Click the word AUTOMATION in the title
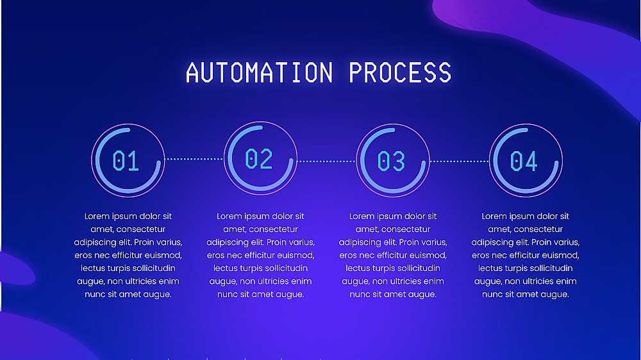click(x=259, y=72)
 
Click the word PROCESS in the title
click(x=400, y=72)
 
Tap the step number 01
click(x=126, y=160)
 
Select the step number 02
click(x=259, y=158)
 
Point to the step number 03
click(x=391, y=161)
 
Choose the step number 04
click(x=524, y=161)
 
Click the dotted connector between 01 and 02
click(x=194, y=158)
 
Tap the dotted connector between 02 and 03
click(x=326, y=161)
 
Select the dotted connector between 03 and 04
click(x=459, y=161)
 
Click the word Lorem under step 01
click(x=97, y=217)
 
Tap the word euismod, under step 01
click(x=162, y=256)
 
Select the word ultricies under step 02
click(x=272, y=281)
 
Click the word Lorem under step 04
click(x=495, y=217)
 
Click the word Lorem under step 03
click(x=362, y=217)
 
